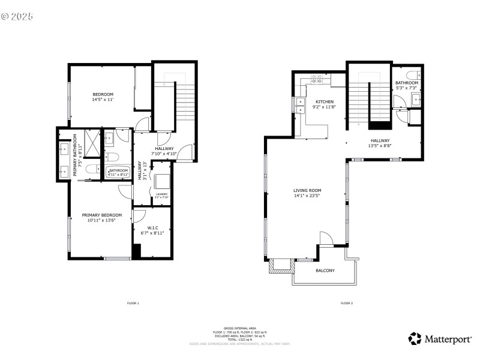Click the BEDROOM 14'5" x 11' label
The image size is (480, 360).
coord(103,97)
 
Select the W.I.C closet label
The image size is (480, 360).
coord(152,230)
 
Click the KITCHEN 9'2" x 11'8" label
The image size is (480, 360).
coord(325,104)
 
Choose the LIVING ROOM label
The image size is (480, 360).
coord(308,193)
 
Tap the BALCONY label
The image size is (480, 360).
coord(325,271)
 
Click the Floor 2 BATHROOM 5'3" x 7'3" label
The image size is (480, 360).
coord(406,85)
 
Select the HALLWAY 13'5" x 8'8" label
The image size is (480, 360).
coord(380,143)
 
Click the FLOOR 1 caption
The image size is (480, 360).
coord(133,303)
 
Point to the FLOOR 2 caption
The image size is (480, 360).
coord(347,303)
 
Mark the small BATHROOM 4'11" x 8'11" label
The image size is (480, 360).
coord(118,172)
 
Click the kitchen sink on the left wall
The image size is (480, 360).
coord(300,104)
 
